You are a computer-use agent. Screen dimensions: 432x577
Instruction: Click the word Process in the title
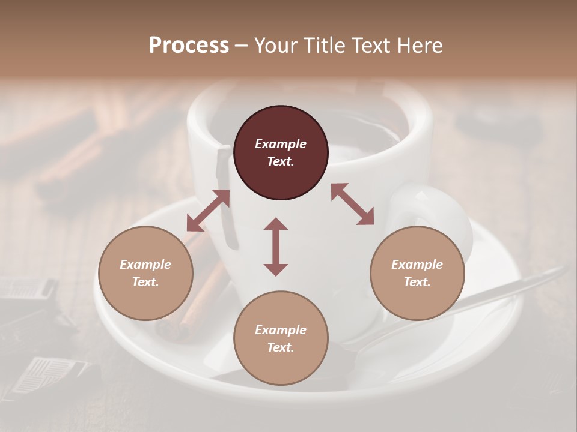tap(189, 46)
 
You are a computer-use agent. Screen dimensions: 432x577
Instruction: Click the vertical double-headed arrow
tap(276, 247)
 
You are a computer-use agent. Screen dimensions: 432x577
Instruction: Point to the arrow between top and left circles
tap(208, 211)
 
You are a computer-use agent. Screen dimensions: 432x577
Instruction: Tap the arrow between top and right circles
tap(352, 204)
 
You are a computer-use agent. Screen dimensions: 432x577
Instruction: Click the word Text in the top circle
tap(280, 161)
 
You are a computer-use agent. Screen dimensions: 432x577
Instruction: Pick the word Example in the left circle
tap(145, 265)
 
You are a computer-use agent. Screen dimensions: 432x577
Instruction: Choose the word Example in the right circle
tap(417, 265)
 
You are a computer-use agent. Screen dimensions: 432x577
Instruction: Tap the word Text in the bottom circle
tap(280, 347)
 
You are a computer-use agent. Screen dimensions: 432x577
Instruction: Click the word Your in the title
tap(274, 46)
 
